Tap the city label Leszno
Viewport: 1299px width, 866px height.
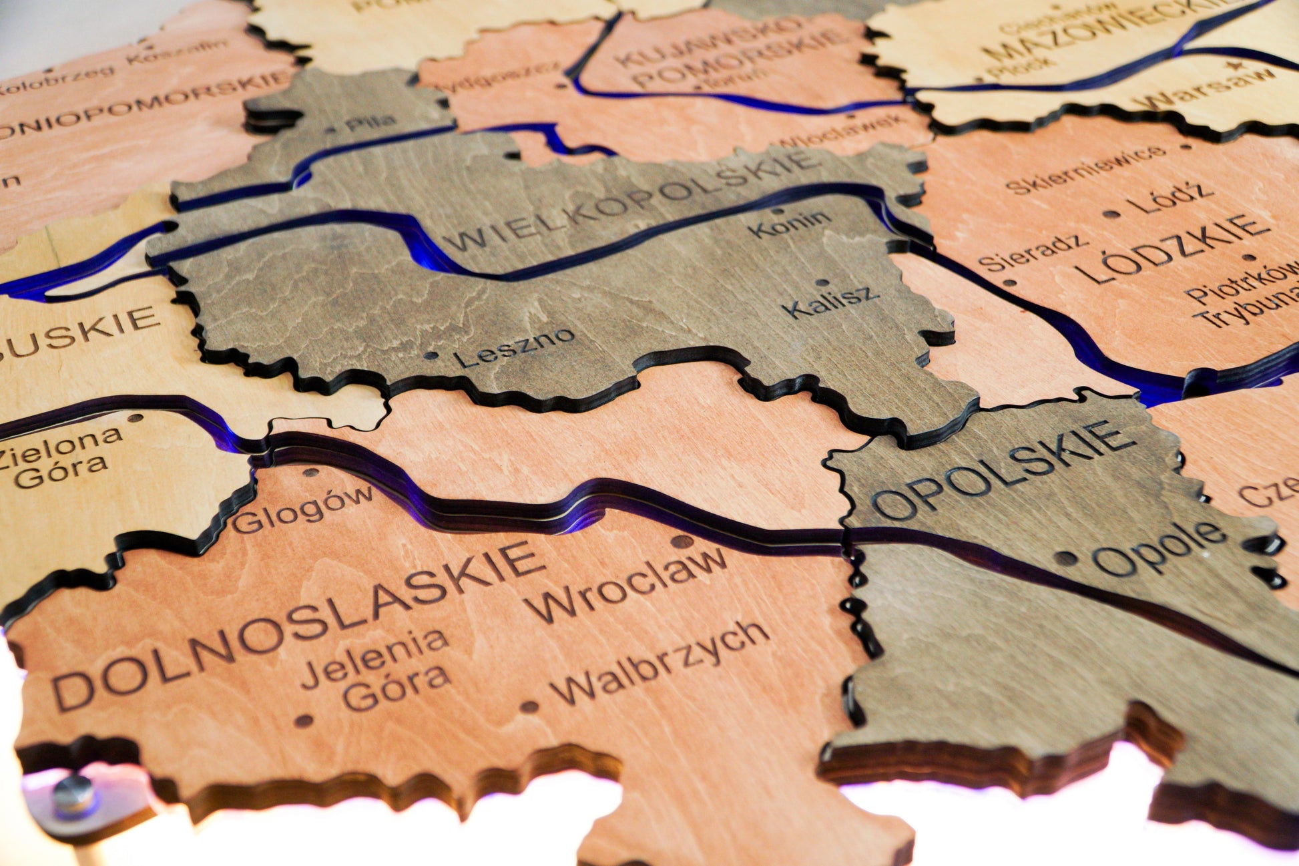click(513, 347)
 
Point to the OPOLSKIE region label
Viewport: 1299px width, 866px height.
click(1002, 471)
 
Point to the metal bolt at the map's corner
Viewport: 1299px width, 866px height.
click(73, 795)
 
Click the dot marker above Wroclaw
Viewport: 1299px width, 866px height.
click(683, 542)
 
